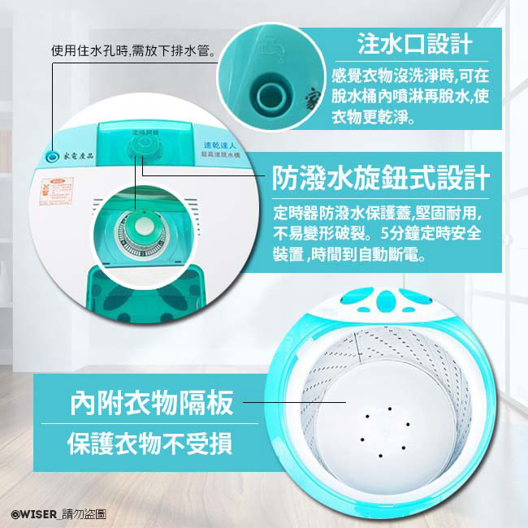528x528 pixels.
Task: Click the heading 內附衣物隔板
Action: pos(152,402)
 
